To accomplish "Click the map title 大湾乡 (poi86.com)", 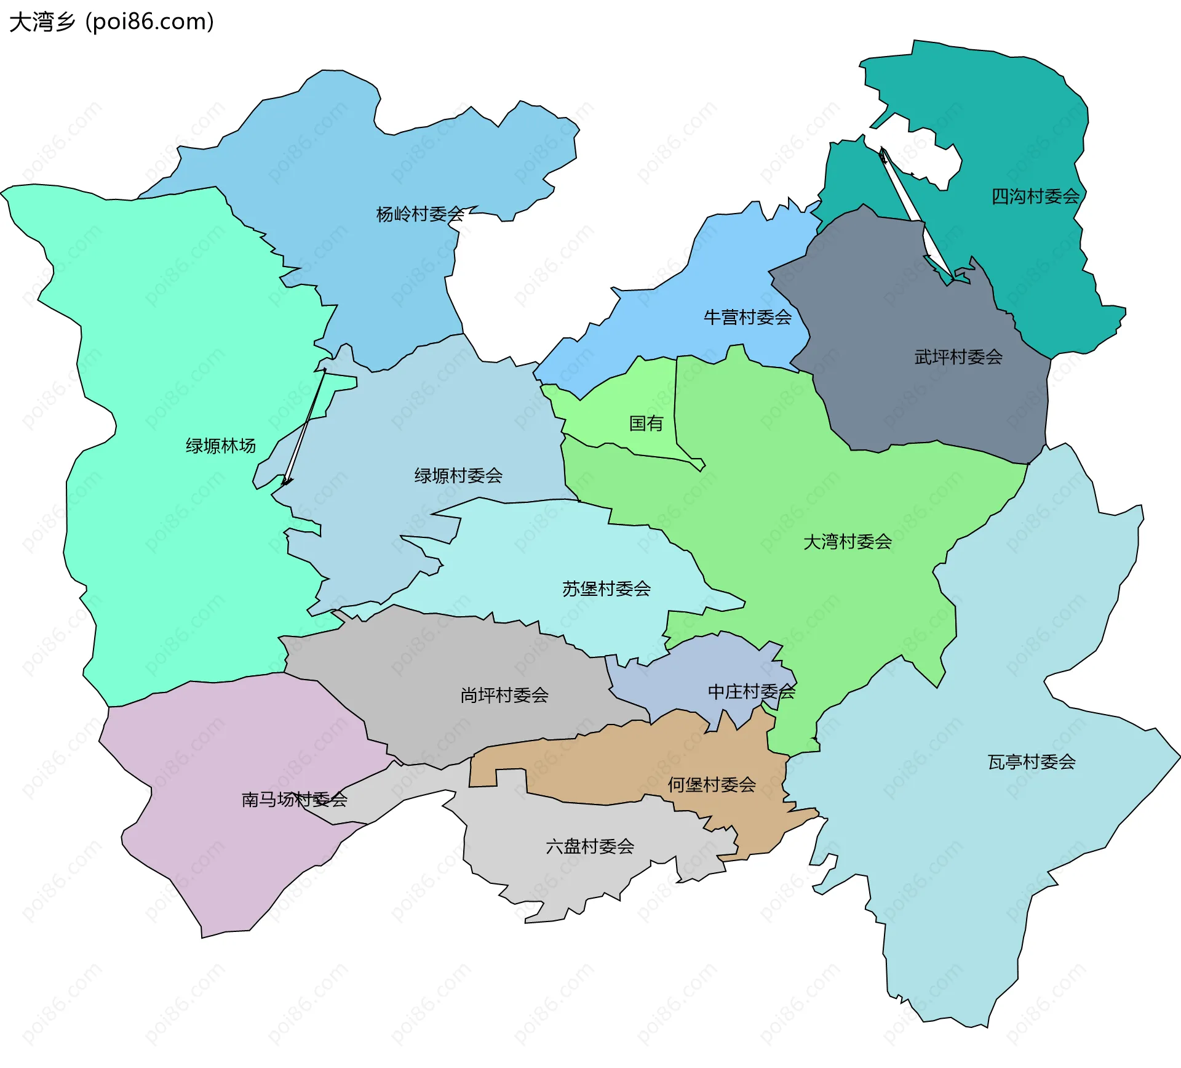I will (x=111, y=22).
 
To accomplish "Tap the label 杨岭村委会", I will (x=420, y=214).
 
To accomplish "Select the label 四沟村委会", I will (x=1035, y=196).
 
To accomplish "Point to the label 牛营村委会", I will (x=747, y=317).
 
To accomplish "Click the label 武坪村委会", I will (x=958, y=356).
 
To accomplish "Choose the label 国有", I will (x=646, y=423).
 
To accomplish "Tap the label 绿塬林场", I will (x=220, y=446).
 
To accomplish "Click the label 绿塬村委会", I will (x=458, y=475).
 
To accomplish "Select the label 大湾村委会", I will (x=847, y=542).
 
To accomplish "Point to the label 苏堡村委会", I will (x=606, y=588).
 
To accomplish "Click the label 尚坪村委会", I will (x=504, y=695).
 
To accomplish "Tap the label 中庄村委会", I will (x=751, y=691).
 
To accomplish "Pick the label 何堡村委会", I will (x=712, y=784).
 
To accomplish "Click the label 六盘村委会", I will (x=590, y=846).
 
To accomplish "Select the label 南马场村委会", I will (x=294, y=799).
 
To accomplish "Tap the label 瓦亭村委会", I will (x=1031, y=762).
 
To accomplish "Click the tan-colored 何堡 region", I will (x=590, y=769).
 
